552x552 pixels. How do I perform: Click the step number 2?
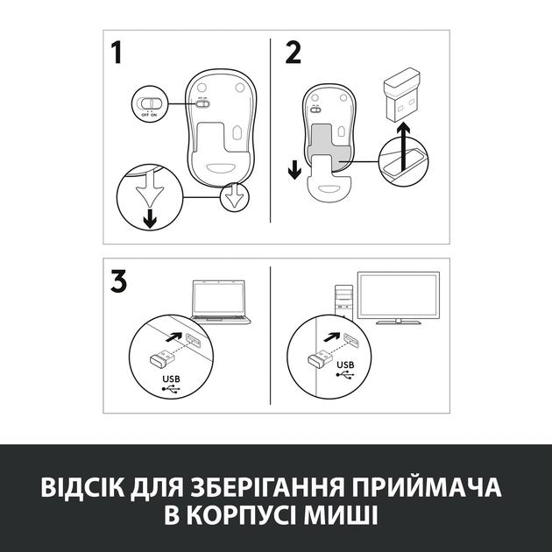pos(293,53)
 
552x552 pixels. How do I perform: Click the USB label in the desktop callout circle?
pos(344,365)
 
